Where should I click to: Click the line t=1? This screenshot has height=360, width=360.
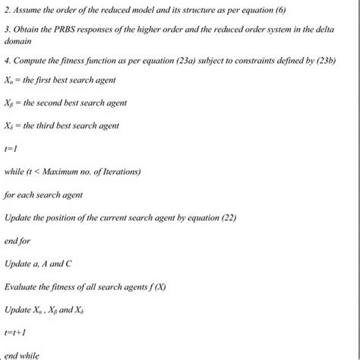coord(11,150)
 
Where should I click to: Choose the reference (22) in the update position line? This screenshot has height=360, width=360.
coord(229,217)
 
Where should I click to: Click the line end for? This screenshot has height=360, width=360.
coord(17,241)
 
